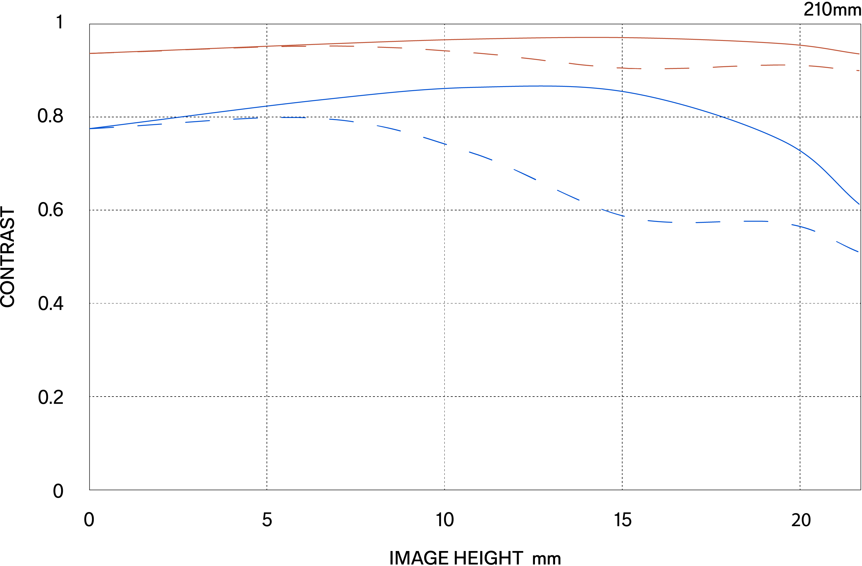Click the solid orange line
coord(435,39)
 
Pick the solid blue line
coord(362,95)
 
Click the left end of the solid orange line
coord(90,53)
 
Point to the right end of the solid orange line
coord(859,54)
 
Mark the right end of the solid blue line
coord(859,204)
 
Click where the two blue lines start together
coord(90,129)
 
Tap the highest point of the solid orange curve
coord(598,37)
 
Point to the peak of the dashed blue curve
coord(293,117)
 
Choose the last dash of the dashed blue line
coord(848,246)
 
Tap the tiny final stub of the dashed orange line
coord(858,71)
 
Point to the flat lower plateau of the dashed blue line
coord(724,222)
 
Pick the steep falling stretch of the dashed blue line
coord(525,175)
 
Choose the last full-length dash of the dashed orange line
coord(821,67)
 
